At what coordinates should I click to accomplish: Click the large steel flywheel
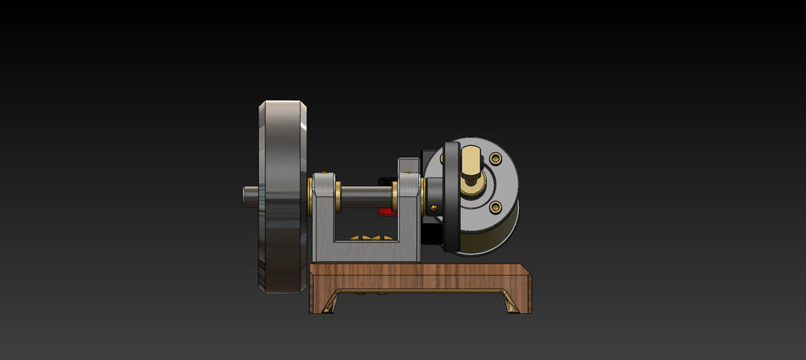pos(284,197)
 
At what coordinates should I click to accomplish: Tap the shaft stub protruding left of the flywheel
pos(250,194)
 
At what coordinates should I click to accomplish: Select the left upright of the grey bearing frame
pos(322,214)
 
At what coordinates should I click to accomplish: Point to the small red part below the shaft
pos(386,211)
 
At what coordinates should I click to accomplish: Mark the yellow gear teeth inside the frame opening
pos(366,239)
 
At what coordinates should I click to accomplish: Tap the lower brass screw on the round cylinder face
pos(495,206)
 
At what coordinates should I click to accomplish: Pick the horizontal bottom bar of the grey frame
pos(366,252)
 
